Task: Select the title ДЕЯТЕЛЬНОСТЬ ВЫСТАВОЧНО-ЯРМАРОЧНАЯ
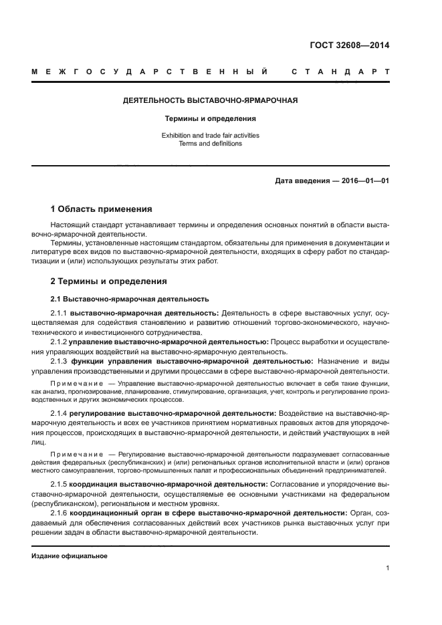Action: [211, 100]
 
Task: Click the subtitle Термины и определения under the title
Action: [211, 118]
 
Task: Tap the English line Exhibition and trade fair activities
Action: [211, 135]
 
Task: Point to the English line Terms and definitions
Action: [211, 143]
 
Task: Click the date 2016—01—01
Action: [361, 180]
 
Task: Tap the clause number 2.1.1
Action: [59, 313]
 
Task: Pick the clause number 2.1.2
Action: [59, 342]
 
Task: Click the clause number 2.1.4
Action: [60, 414]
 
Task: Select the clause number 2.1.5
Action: [59, 484]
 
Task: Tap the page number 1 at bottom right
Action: [387, 568]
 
